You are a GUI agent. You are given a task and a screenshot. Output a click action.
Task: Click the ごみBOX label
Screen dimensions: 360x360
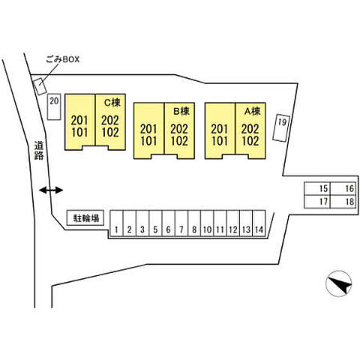[62, 59]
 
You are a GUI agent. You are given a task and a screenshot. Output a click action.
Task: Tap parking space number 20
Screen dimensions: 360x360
[54, 106]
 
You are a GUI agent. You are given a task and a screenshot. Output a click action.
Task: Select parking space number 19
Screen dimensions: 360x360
[281, 128]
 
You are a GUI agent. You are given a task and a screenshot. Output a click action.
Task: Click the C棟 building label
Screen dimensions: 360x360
[112, 103]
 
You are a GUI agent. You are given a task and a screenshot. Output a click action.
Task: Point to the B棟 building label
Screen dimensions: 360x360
[181, 111]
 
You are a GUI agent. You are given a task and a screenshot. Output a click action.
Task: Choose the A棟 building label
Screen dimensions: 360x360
[253, 111]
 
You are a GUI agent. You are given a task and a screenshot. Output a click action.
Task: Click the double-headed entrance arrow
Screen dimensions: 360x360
[51, 190]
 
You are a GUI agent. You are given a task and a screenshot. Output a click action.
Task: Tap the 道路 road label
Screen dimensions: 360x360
[39, 151]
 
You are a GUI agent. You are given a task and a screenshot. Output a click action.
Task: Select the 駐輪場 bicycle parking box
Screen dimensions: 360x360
[85, 217]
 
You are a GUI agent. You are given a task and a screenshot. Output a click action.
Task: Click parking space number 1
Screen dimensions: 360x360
[117, 223]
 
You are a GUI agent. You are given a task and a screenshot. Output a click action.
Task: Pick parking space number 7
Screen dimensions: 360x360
[181, 223]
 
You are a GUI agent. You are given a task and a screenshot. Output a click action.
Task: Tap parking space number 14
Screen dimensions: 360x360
[259, 223]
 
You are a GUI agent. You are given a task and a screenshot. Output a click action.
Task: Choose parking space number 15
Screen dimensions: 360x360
[317, 189]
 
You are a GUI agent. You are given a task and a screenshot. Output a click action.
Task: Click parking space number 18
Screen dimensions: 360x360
[343, 202]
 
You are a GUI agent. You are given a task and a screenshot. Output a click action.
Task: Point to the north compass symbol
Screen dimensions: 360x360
[339, 283]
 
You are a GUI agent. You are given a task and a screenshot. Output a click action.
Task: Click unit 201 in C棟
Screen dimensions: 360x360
[79, 121]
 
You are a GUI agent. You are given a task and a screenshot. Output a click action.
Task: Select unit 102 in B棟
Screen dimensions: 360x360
[179, 141]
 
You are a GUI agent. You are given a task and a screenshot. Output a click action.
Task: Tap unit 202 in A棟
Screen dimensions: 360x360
[250, 129]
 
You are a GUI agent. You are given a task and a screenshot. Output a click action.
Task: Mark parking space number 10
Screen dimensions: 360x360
[207, 223]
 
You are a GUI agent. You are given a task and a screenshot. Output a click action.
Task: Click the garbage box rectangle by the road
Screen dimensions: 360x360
[40, 86]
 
